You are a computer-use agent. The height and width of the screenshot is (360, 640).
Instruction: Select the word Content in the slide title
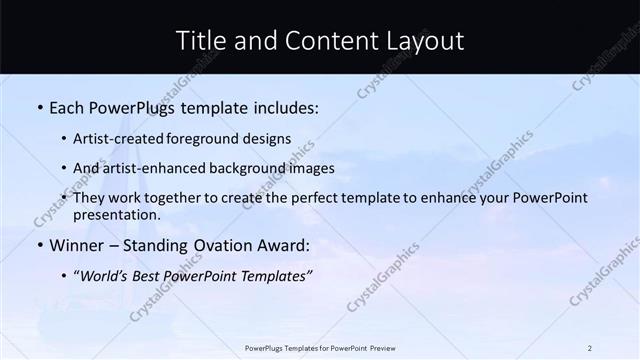tap(325, 41)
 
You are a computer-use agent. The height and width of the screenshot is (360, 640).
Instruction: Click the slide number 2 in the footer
tap(590, 348)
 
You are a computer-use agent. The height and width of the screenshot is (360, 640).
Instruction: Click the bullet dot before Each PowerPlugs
tap(39, 106)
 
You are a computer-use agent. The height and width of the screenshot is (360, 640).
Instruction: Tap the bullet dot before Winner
tap(39, 245)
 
